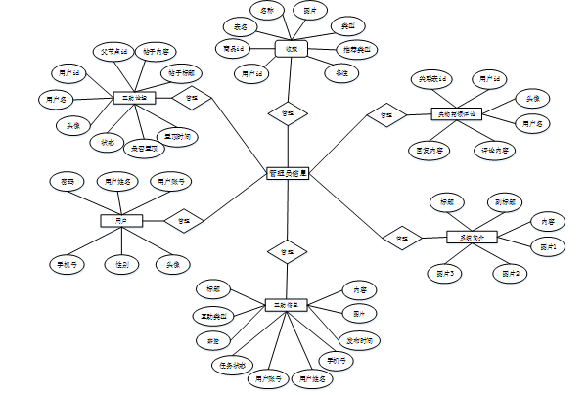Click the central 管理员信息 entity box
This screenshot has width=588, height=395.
(288, 174)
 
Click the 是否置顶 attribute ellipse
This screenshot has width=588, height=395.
(144, 149)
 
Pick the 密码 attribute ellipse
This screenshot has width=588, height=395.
(68, 182)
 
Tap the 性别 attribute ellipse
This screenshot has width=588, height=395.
(122, 264)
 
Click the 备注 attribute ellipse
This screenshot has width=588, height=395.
(341, 73)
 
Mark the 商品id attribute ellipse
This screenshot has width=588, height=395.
(235, 48)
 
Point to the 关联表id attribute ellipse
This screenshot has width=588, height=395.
(434, 78)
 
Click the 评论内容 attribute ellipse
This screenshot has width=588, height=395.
(496, 151)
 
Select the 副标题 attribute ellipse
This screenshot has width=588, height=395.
(505, 202)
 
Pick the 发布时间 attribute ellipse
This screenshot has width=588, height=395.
(361, 340)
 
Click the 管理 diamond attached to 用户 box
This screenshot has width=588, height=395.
(183, 221)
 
